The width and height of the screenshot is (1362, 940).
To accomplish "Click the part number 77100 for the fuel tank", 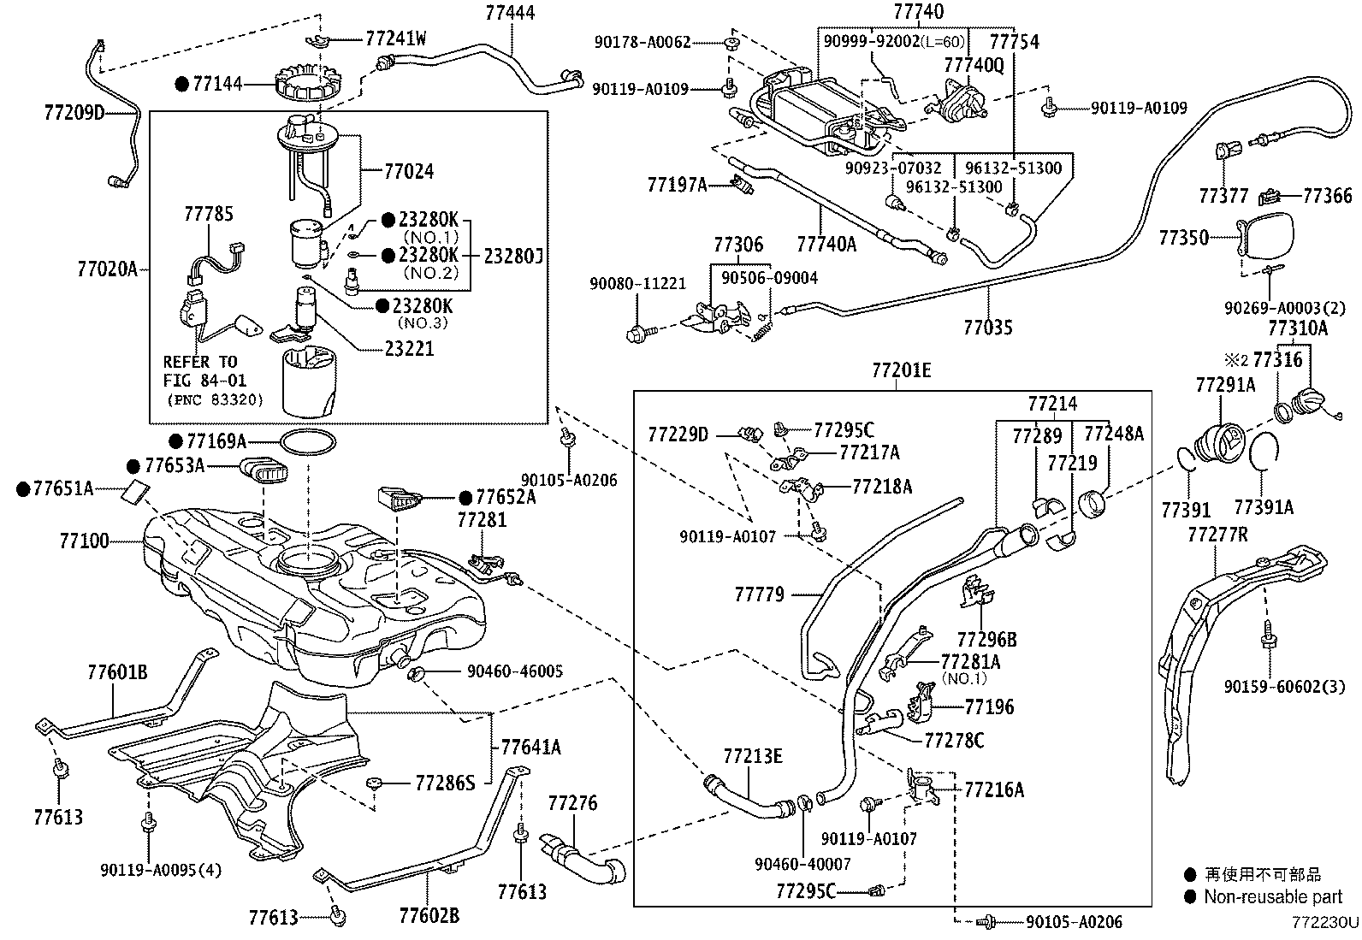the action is (84, 541).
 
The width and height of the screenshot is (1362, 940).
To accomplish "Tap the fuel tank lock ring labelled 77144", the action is (308, 83).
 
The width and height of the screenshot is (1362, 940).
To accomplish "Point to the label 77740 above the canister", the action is (918, 12).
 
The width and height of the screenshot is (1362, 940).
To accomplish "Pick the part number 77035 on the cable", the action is (987, 328).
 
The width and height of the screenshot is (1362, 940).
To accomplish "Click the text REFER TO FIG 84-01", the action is (204, 371).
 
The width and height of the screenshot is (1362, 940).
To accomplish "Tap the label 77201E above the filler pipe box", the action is (901, 370).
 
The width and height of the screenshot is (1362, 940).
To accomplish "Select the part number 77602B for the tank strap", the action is (429, 915).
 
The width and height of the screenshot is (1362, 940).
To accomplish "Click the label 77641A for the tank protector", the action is (530, 748).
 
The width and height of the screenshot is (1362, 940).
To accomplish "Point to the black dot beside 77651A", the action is (23, 489).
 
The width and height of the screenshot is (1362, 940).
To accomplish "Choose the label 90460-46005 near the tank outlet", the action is (514, 671).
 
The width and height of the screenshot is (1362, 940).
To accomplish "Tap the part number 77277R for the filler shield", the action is (1217, 535).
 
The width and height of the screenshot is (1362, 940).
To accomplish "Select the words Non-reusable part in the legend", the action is (1273, 897).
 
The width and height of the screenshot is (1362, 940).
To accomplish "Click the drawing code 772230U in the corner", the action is (1325, 922).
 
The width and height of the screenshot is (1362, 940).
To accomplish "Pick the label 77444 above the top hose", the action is (510, 13).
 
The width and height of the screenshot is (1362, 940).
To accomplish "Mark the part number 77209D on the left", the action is (74, 113).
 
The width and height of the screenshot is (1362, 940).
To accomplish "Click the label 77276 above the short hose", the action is (572, 803).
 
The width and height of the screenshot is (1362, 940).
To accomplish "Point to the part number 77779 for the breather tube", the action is (760, 594).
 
